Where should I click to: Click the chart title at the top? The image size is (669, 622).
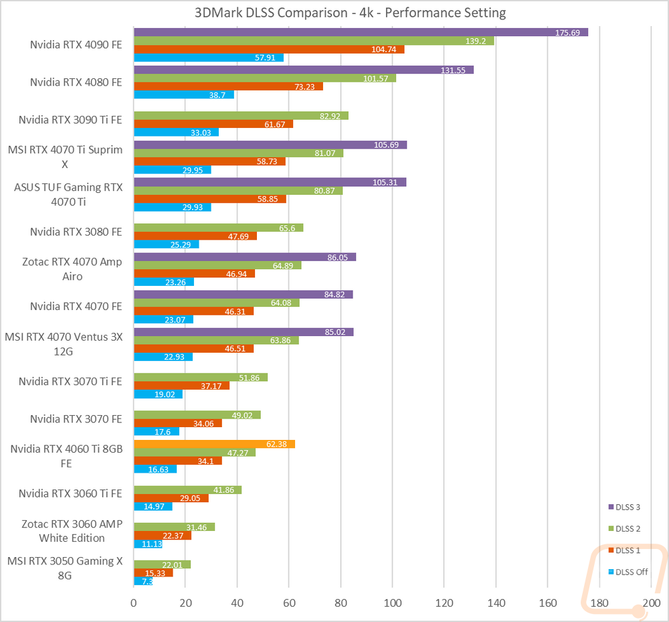coord(350,13)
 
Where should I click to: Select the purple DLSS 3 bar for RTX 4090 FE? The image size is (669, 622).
coord(361,32)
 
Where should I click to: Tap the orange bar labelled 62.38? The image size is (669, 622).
coord(214,444)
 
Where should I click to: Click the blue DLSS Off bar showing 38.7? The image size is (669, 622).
coord(184,95)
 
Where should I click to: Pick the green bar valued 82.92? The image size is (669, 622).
coord(241,116)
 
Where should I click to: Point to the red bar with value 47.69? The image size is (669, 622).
coord(195,236)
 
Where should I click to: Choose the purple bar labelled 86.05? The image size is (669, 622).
coord(245,257)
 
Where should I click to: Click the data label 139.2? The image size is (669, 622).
coord(475,41)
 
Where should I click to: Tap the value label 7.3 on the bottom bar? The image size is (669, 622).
coord(147,581)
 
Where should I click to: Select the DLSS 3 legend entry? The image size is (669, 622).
coord(624,507)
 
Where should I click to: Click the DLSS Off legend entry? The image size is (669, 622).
coord(628,572)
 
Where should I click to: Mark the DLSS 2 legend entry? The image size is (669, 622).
coord(624,529)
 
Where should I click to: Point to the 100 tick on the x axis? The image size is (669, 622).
coord(393,603)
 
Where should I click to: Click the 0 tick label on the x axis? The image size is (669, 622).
coord(134,603)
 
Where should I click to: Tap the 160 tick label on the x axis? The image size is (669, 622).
coord(548,603)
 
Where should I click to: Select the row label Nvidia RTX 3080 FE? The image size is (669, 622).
coord(76,232)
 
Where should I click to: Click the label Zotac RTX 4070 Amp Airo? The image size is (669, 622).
coord(72,269)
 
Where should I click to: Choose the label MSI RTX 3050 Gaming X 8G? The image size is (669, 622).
coord(65,568)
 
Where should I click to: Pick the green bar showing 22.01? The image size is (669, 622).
coord(162,564)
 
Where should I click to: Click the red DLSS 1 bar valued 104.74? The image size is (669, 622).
coord(269,50)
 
